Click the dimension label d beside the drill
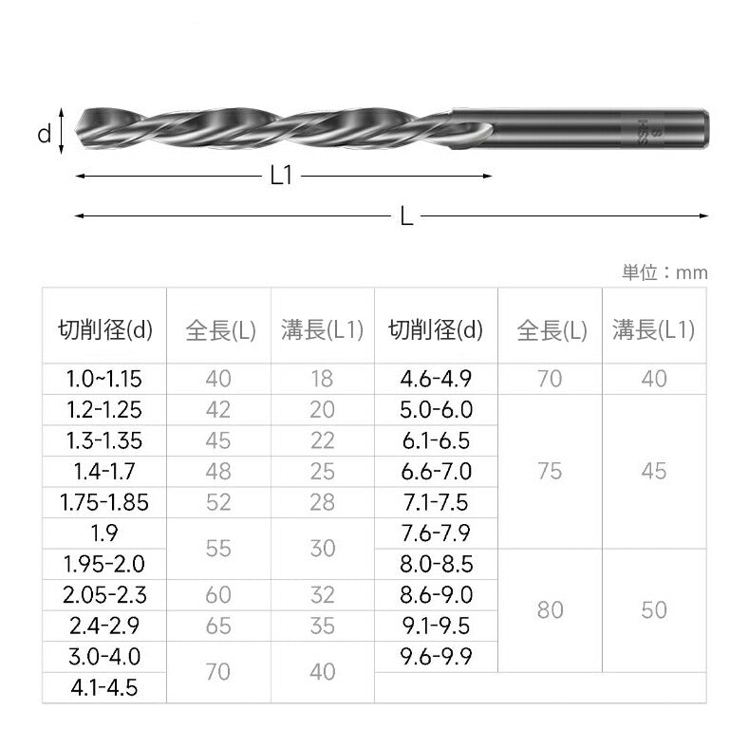tap(44, 135)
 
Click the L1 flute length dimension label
tap(281, 176)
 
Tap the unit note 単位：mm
tap(664, 272)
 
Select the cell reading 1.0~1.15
tap(103, 379)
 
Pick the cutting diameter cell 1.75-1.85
tap(103, 501)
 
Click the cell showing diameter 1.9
tap(103, 533)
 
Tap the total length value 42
tap(218, 409)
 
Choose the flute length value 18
tap(323, 379)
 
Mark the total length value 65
tap(218, 625)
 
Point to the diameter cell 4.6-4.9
tap(437, 379)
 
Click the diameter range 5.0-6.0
tap(437, 409)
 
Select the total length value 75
tap(550, 471)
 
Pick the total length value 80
tap(550, 609)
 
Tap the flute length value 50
tap(654, 609)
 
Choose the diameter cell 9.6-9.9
tap(437, 656)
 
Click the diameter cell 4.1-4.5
tap(103, 686)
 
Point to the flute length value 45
tap(654, 471)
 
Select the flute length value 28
tap(323, 501)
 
